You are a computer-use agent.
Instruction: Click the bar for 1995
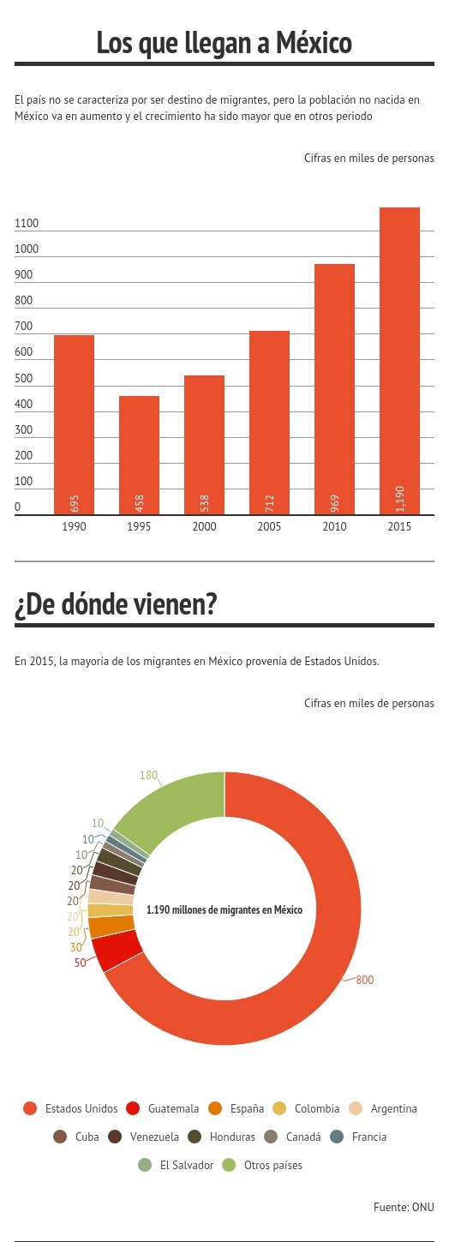click(139, 455)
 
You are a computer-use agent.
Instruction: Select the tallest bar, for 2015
click(399, 361)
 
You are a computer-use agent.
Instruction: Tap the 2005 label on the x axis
click(269, 527)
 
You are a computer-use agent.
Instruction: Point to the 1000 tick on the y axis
click(27, 249)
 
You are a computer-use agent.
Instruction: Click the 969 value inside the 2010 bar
click(335, 503)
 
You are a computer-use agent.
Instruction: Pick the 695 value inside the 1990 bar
click(75, 503)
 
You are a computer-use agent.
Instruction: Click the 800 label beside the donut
click(365, 980)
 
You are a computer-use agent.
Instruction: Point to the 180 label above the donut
click(148, 775)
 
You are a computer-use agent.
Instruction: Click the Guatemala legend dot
click(133, 1108)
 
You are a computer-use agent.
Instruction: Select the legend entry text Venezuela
click(154, 1137)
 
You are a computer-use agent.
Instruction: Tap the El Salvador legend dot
click(145, 1165)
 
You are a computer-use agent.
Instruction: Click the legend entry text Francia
click(369, 1137)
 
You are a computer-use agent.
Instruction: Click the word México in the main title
click(314, 43)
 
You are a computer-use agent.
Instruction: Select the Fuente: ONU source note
click(404, 1207)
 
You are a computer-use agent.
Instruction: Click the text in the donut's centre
click(224, 910)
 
